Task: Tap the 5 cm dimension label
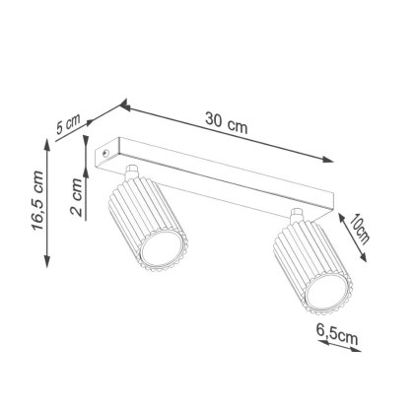tap(67, 125)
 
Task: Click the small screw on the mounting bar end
tap(107, 155)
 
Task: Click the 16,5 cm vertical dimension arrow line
tap(49, 201)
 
